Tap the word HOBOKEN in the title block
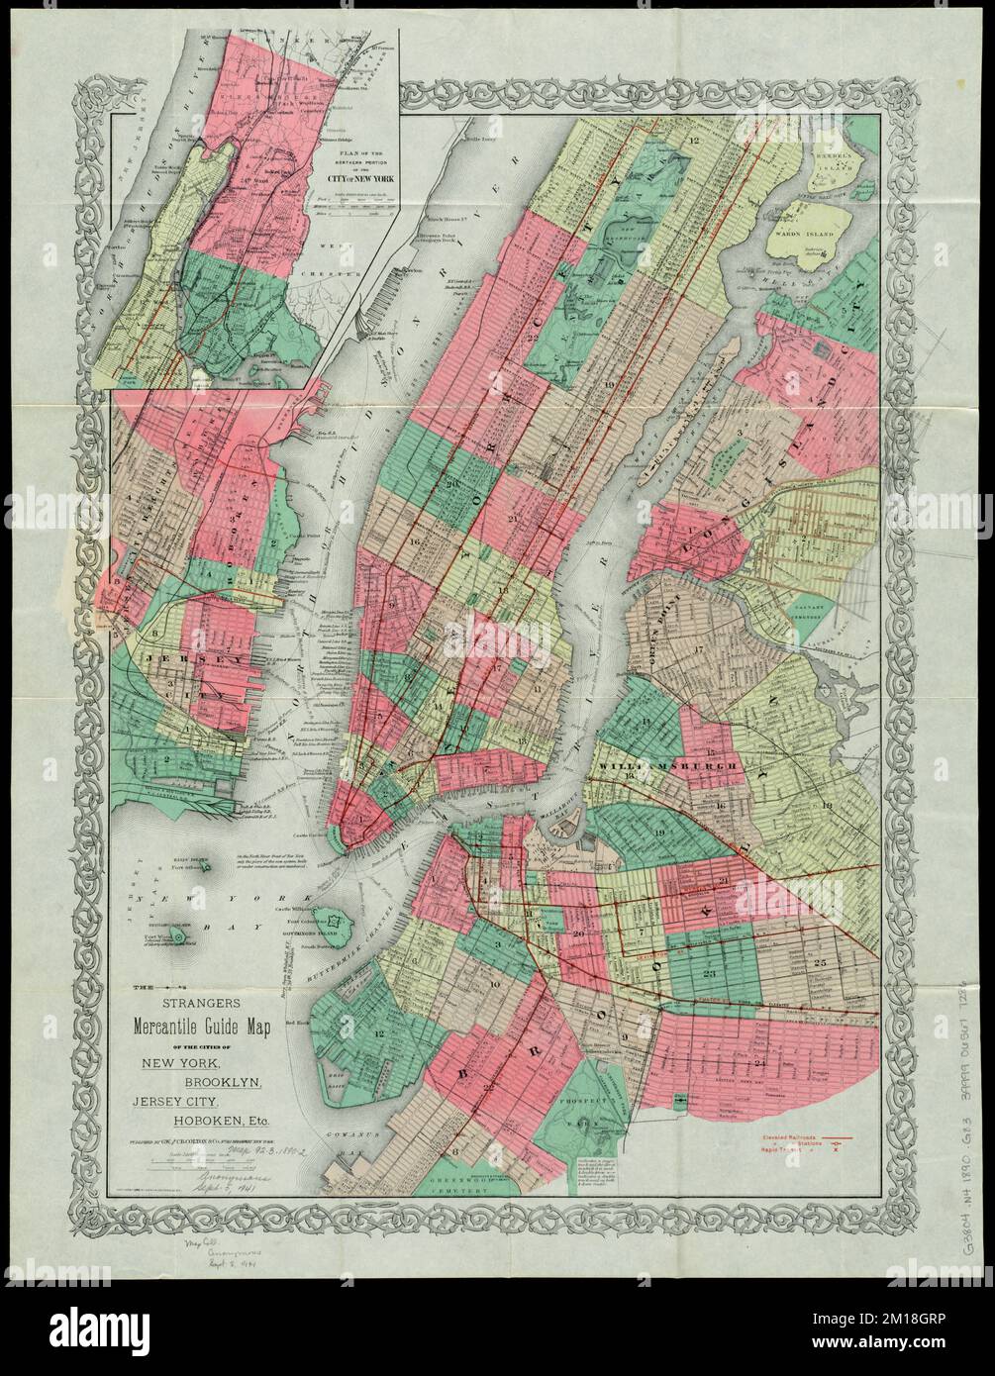195,1121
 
